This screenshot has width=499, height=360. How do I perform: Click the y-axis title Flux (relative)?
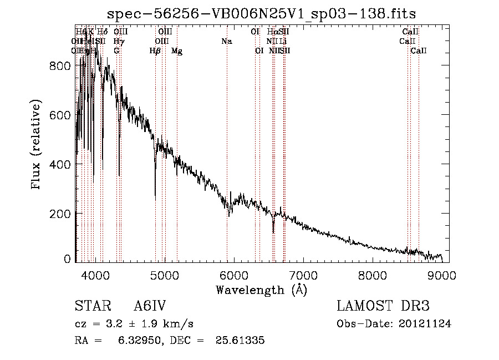coord(37,145)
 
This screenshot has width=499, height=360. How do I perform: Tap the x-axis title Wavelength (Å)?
coord(261,290)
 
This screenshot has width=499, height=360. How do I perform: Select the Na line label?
coord(226,41)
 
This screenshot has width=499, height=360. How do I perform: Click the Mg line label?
coord(177,51)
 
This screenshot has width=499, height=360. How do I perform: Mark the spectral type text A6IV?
coord(149,307)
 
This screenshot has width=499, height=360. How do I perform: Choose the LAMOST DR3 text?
coord(383,307)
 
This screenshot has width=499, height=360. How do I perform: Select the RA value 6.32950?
coord(136,340)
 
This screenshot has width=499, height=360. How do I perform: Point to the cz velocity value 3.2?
coord(108,323)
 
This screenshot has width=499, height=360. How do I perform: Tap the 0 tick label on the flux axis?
coord(68,258)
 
